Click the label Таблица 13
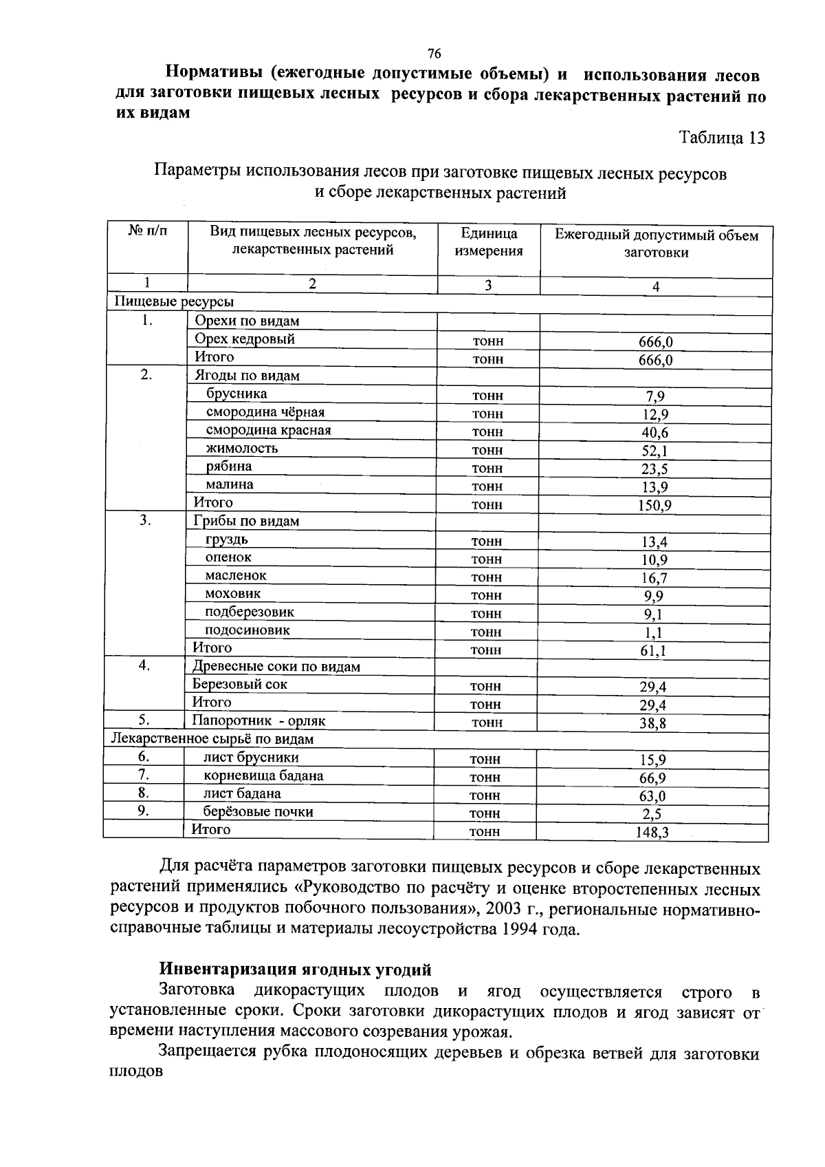click(x=722, y=138)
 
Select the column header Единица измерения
click(x=488, y=242)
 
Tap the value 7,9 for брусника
click(x=654, y=396)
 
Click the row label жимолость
click(x=242, y=449)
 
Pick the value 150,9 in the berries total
click(x=654, y=506)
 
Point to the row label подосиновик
click(x=247, y=630)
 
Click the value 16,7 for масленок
click(x=654, y=579)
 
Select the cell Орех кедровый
click(x=245, y=339)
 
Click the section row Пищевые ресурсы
click(x=173, y=302)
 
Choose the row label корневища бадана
click(x=263, y=776)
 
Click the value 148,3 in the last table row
click(x=652, y=833)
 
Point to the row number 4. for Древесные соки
click(x=144, y=665)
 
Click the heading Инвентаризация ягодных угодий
click(x=296, y=970)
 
